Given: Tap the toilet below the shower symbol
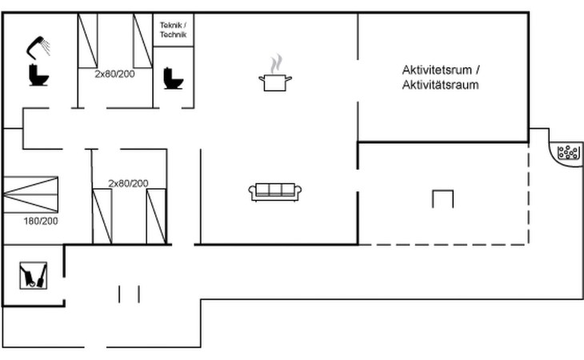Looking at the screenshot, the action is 38,75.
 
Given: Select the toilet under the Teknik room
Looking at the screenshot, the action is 173,78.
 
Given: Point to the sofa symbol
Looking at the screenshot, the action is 275,192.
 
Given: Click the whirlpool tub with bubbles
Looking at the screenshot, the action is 568,152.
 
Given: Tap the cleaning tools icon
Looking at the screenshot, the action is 33,275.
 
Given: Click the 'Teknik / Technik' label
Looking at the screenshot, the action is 173,30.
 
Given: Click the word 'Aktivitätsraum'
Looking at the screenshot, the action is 440,85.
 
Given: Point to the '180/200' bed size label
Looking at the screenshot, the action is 41,221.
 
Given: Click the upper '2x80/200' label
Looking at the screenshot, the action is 114,74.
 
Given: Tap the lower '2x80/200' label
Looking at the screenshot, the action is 128,183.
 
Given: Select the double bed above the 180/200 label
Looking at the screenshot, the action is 30,194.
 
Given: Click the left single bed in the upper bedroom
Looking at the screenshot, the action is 87,41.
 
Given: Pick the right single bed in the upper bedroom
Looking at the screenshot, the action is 143,41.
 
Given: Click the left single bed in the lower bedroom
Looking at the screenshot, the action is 102,216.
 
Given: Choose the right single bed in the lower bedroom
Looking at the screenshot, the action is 157,216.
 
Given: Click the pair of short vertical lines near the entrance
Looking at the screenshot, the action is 129,294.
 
